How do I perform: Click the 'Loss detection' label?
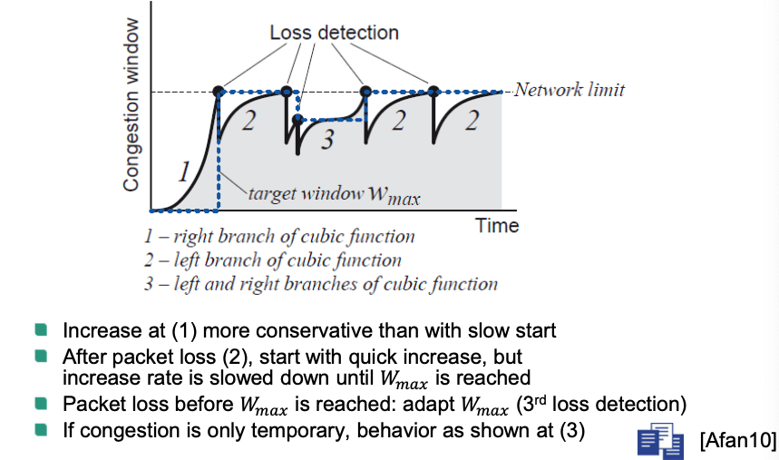(334, 33)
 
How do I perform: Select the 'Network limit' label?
(569, 91)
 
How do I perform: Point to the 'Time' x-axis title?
(497, 226)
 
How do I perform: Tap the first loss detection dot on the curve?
(218, 91)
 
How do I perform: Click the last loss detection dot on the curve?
(433, 91)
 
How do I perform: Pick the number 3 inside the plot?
(328, 141)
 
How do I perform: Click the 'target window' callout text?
(335, 195)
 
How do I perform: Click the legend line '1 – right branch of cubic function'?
(279, 237)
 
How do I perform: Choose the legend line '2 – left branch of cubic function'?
(272, 260)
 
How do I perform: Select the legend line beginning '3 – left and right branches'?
(320, 284)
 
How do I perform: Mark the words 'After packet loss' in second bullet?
(129, 355)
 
